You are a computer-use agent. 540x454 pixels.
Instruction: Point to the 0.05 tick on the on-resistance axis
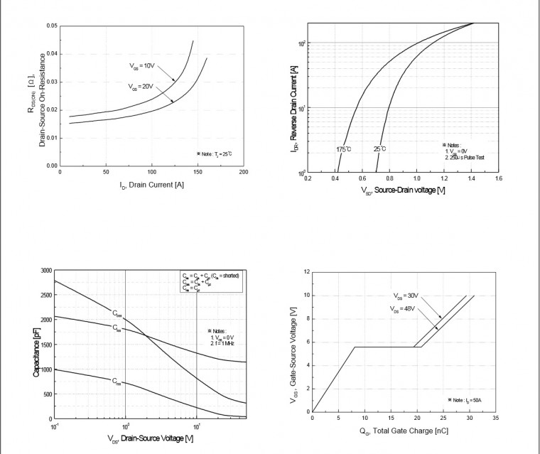pos(52,26)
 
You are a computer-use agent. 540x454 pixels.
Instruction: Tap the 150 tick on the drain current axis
pos(198,173)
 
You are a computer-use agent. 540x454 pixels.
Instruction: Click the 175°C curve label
pos(344,149)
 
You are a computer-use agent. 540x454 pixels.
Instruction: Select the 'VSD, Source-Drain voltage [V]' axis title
pos(403,190)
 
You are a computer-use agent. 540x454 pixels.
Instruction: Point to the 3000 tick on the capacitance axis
pos(46,271)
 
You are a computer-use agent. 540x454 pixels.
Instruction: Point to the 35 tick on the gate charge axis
pos(495,418)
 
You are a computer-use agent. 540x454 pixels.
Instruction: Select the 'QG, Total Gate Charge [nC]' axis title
pos(404,430)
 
